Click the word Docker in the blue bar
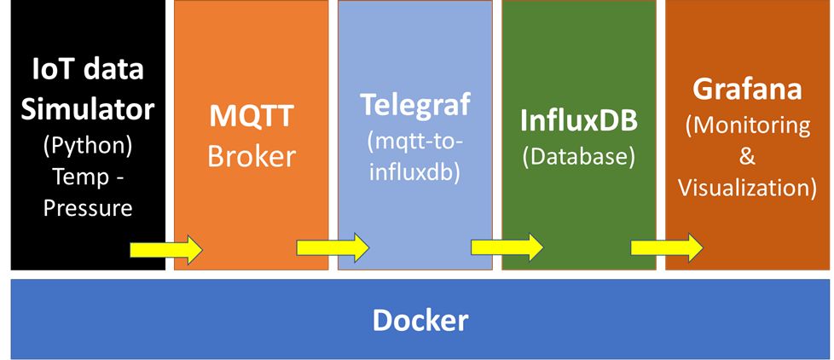click(420, 321)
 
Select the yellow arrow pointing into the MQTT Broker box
click(166, 250)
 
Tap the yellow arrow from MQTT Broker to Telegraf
click(333, 248)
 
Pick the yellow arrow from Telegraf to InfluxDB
click(507, 247)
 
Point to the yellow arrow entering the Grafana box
click(667, 247)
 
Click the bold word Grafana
click(749, 90)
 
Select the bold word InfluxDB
click(580, 120)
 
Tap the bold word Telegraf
click(414, 105)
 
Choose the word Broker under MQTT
click(251, 157)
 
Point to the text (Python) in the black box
click(88, 145)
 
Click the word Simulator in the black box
click(88, 109)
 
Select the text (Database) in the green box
click(580, 156)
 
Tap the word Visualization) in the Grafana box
click(748, 189)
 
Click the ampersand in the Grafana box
click(748, 157)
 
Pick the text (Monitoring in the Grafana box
click(748, 125)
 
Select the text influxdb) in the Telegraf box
click(415, 171)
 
